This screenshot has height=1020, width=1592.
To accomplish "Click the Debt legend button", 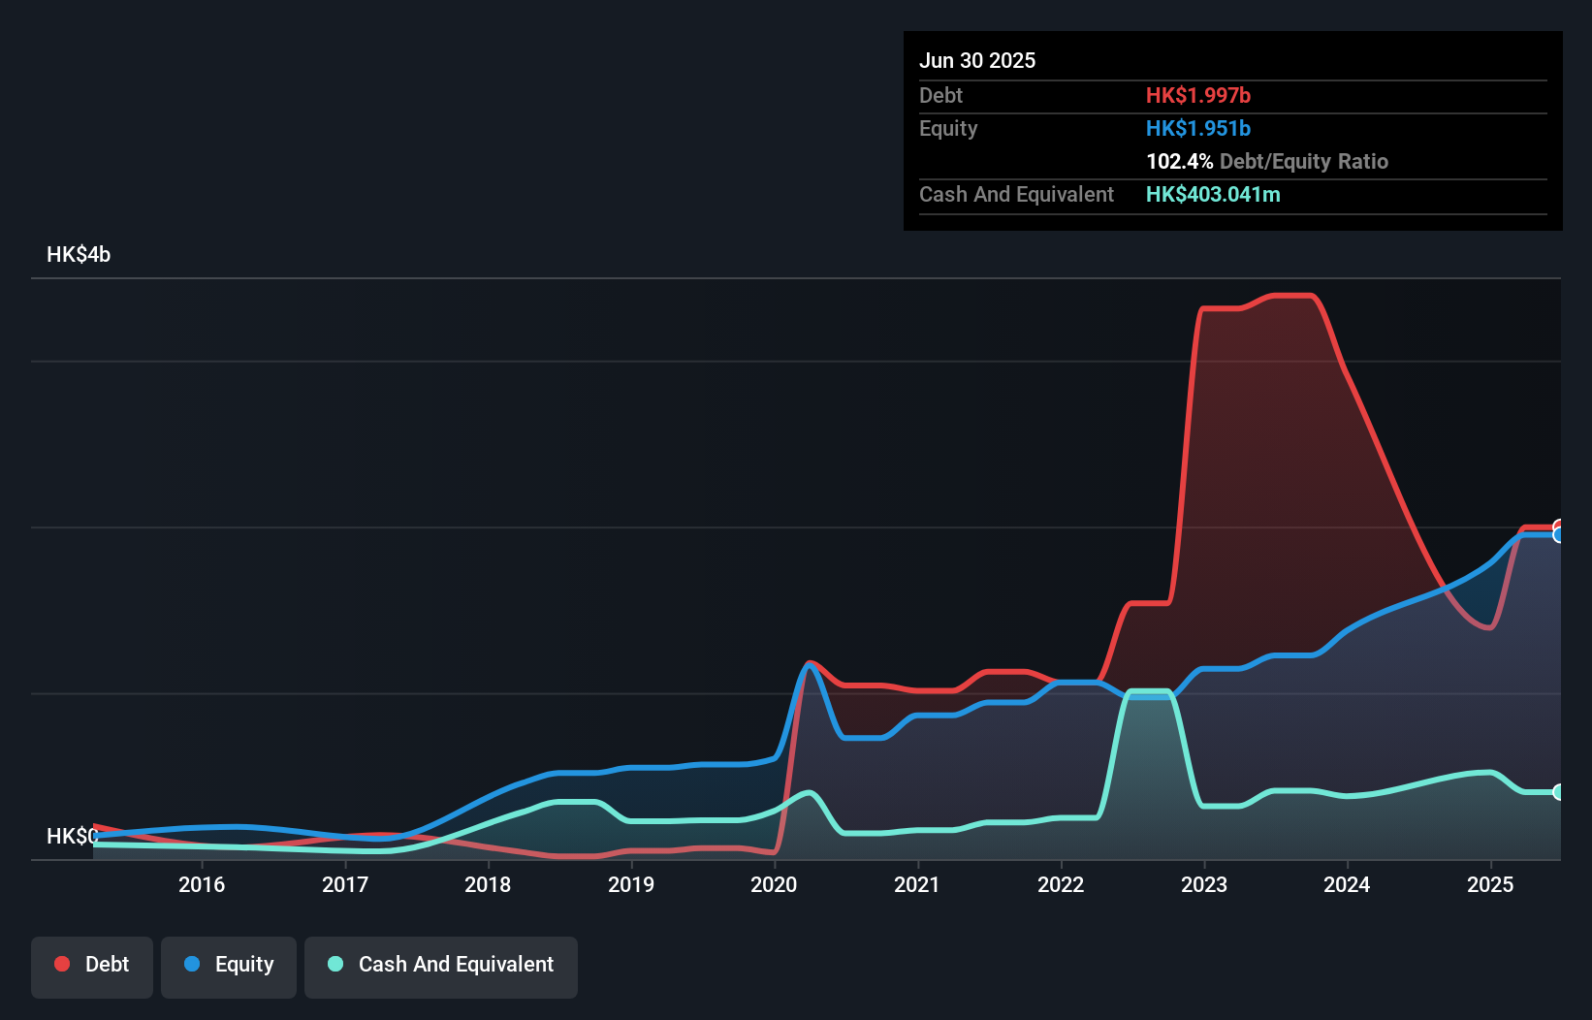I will (92, 965).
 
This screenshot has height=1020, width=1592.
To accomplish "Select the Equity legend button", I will (229, 965).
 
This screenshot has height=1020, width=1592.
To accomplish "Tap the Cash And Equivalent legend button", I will (441, 965).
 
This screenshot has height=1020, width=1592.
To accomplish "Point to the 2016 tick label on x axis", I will (202, 884).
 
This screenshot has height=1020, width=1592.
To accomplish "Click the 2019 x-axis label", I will (631, 884).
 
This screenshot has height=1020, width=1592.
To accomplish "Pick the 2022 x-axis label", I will (1061, 884).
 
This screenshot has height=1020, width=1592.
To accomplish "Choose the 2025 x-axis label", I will (1490, 884).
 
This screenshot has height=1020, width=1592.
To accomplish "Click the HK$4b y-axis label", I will (79, 254).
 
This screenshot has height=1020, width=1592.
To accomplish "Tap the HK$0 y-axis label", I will (72, 836).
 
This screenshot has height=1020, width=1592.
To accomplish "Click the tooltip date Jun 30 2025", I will (977, 60).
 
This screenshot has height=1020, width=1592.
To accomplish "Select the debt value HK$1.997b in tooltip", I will (1198, 95).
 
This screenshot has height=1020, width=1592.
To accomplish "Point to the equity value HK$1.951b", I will (1198, 128).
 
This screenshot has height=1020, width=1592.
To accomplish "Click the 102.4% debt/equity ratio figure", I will (1179, 161).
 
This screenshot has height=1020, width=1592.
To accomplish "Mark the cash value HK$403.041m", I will (1213, 194).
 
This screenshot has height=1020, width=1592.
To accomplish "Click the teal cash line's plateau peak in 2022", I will (1150, 691).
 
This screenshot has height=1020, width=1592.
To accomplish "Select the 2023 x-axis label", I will (1204, 884).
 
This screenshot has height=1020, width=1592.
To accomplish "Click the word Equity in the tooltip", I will (948, 128).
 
